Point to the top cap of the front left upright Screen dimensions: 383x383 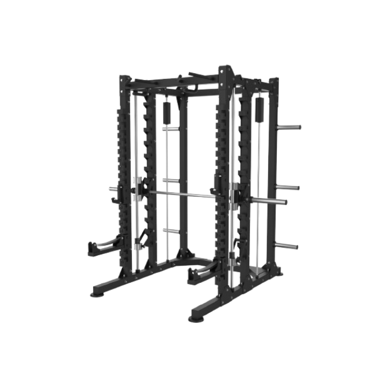[127, 78]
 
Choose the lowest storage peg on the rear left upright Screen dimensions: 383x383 [169, 232]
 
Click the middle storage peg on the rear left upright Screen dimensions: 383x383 [169, 180]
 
